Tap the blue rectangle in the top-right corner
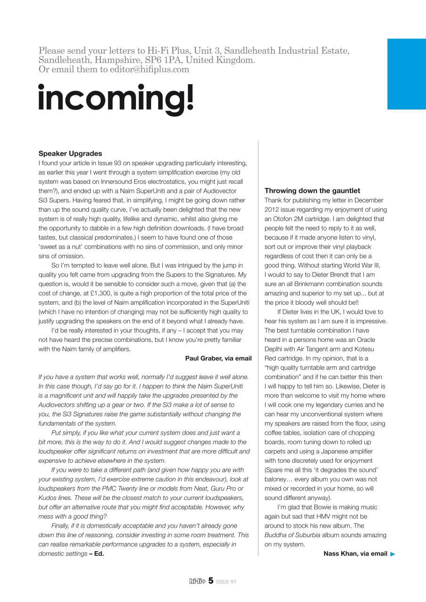pos(406,74)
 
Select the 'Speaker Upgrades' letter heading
pos(70,154)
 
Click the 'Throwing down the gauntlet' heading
pos(312,190)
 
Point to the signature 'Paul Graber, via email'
pos(218,358)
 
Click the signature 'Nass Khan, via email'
pos(355,554)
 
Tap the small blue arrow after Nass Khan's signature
pos(393,554)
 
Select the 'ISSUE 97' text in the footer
pos(226,582)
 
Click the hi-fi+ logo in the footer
pos(197,581)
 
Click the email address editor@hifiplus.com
pos(150,69)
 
